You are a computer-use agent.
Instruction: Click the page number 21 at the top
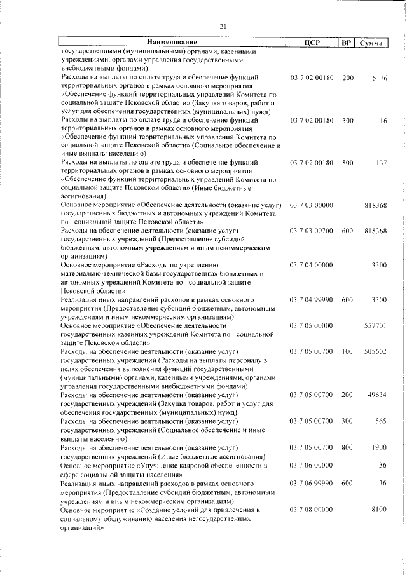(223, 26)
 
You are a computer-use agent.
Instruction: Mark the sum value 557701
(376, 326)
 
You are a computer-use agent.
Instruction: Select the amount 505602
(376, 351)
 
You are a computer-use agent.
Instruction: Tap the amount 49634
(377, 395)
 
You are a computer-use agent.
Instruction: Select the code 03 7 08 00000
(312, 510)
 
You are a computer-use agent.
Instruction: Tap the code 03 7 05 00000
(312, 326)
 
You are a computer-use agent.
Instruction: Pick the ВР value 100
(347, 351)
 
